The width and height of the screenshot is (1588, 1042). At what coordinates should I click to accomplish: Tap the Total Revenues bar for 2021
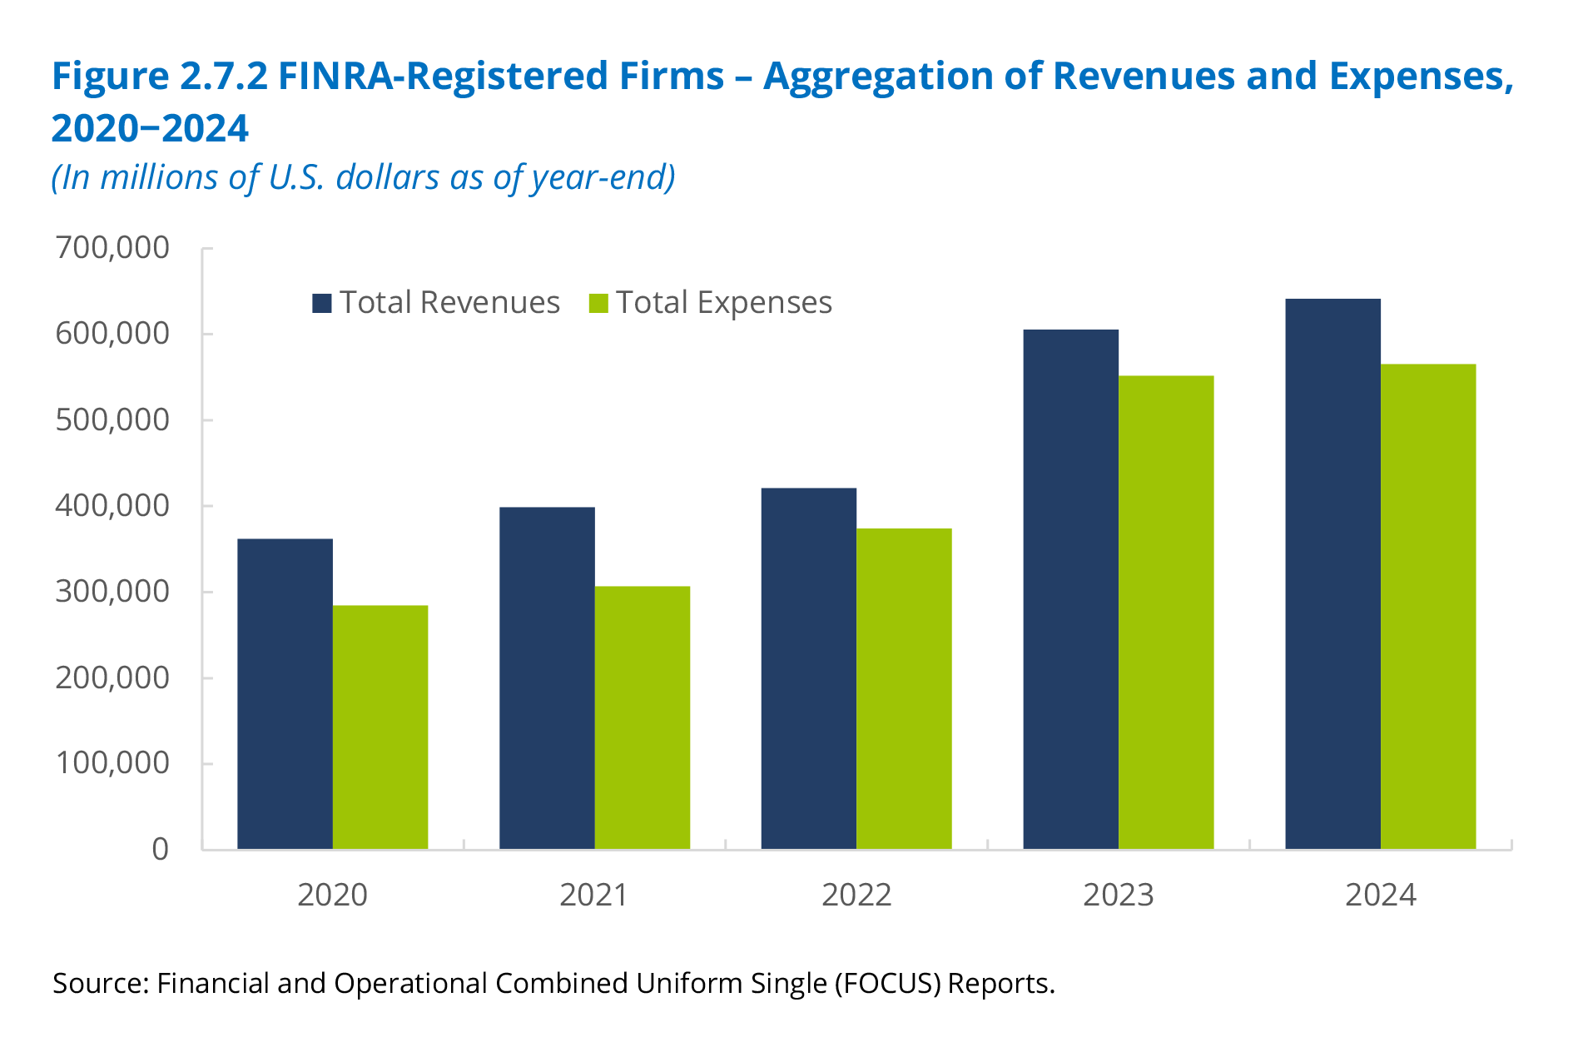click(x=547, y=677)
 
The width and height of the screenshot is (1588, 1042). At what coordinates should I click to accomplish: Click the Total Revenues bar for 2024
click(x=1332, y=573)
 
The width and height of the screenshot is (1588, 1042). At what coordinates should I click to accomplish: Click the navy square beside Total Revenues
click(x=322, y=303)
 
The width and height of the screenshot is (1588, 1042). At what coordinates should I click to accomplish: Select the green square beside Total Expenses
click(x=598, y=303)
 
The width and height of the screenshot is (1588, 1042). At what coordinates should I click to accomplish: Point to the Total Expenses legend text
click(x=723, y=303)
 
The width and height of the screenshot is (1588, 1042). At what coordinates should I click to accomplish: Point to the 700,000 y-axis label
click(x=112, y=248)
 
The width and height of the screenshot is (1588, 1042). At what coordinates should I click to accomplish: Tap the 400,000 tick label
click(x=112, y=505)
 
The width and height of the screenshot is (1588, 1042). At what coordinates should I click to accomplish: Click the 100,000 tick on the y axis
click(x=112, y=763)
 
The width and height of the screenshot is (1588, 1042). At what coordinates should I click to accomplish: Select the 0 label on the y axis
click(x=160, y=849)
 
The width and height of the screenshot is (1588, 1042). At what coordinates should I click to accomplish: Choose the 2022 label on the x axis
click(x=856, y=895)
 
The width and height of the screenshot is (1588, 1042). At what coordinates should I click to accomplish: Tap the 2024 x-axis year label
click(x=1381, y=895)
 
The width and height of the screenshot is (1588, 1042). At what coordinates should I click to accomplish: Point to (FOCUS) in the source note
click(x=887, y=984)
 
